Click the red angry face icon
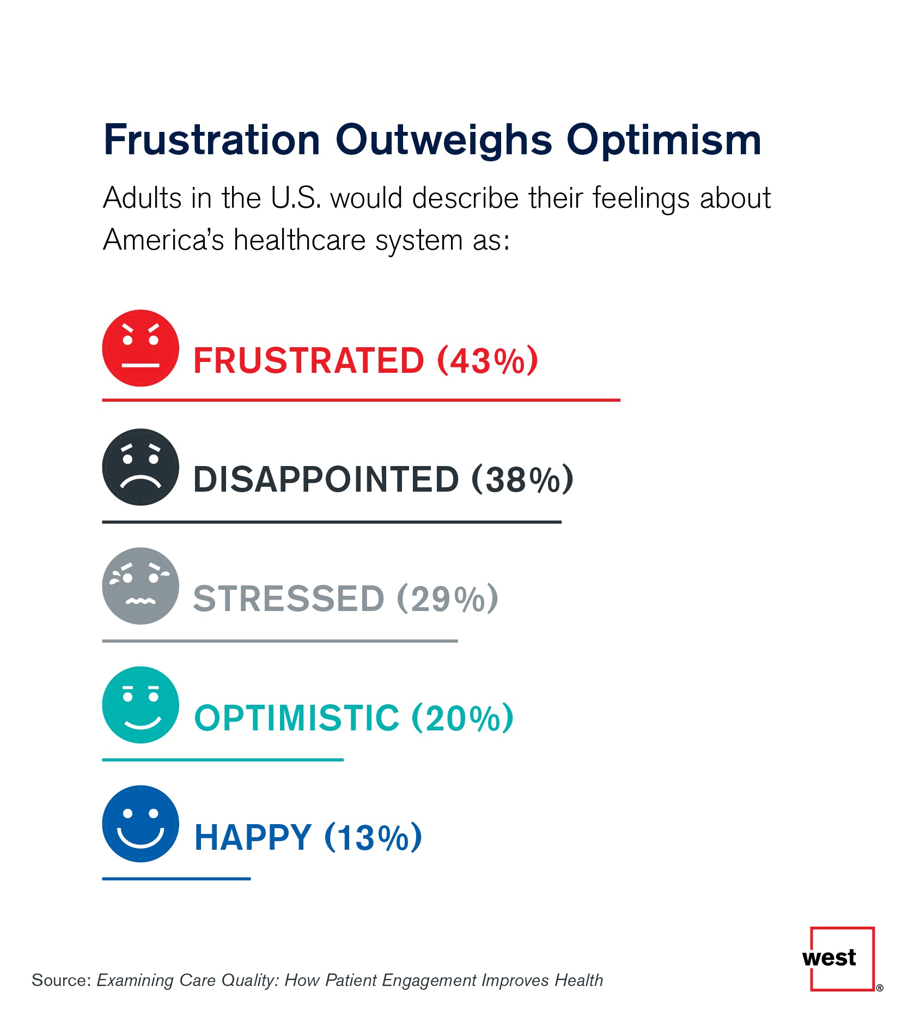click(141, 348)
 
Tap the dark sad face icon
click(141, 467)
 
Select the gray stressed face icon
click(141, 585)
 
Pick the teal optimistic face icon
click(141, 704)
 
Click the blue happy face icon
click(141, 823)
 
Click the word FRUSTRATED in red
click(308, 361)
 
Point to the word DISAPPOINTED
click(326, 480)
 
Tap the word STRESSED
click(289, 598)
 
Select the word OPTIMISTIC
click(297, 717)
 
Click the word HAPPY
click(253, 837)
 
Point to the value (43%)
click(488, 361)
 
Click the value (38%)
click(522, 480)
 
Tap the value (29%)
click(447, 598)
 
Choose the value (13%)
click(373, 837)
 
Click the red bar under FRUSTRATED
click(361, 400)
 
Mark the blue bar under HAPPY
click(176, 879)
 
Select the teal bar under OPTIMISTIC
click(223, 759)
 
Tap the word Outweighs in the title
click(443, 141)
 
